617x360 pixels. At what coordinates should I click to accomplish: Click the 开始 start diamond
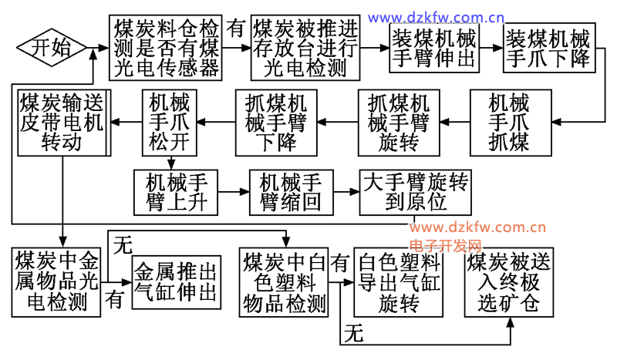[x=51, y=48]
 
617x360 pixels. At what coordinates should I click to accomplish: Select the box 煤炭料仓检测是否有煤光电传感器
[x=167, y=48]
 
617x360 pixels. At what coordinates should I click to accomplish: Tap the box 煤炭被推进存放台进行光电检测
[x=305, y=48]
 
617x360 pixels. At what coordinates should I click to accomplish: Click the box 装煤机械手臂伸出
[x=433, y=48]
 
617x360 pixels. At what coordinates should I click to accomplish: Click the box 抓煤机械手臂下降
[x=276, y=121]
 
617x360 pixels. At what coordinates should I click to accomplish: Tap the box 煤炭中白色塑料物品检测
[x=283, y=282]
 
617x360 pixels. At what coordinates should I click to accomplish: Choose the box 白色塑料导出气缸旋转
[x=399, y=282]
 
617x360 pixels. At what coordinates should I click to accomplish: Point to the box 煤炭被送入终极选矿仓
[x=509, y=282]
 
